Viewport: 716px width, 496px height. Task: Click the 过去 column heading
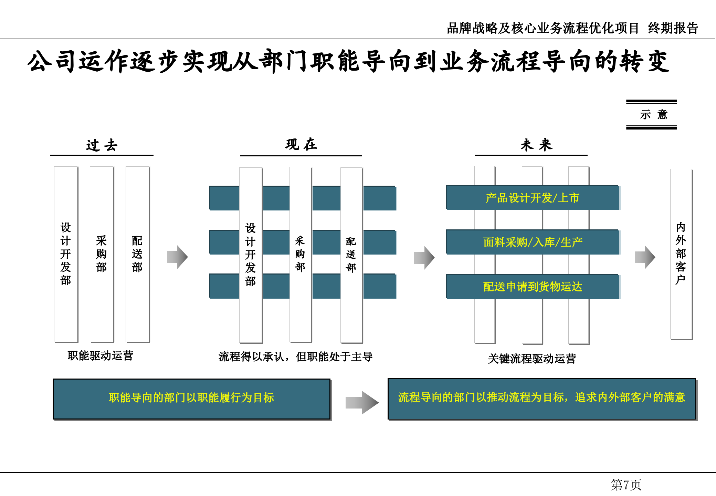102,145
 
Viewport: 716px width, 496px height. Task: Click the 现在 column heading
301,144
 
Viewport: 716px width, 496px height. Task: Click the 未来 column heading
536,145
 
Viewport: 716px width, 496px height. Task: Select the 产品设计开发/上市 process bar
532,198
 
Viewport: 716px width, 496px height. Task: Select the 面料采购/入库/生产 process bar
532,242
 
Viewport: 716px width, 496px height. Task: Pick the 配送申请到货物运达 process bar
532,287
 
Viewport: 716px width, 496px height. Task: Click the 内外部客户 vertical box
681,254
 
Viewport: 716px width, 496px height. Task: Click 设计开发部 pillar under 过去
66,254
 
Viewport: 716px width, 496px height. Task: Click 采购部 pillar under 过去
102,254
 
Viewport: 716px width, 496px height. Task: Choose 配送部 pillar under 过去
137,254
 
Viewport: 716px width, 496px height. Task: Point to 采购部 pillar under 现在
300,254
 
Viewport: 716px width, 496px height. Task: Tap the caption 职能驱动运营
100,355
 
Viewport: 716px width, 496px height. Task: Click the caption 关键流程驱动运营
532,359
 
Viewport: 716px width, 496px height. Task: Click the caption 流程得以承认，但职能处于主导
295,356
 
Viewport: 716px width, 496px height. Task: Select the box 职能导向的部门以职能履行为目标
191,399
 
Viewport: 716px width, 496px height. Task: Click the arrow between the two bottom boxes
362,402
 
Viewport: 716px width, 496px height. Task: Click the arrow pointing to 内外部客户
645,257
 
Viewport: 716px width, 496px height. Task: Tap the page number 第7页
625,485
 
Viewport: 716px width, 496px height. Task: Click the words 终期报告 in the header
673,28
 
